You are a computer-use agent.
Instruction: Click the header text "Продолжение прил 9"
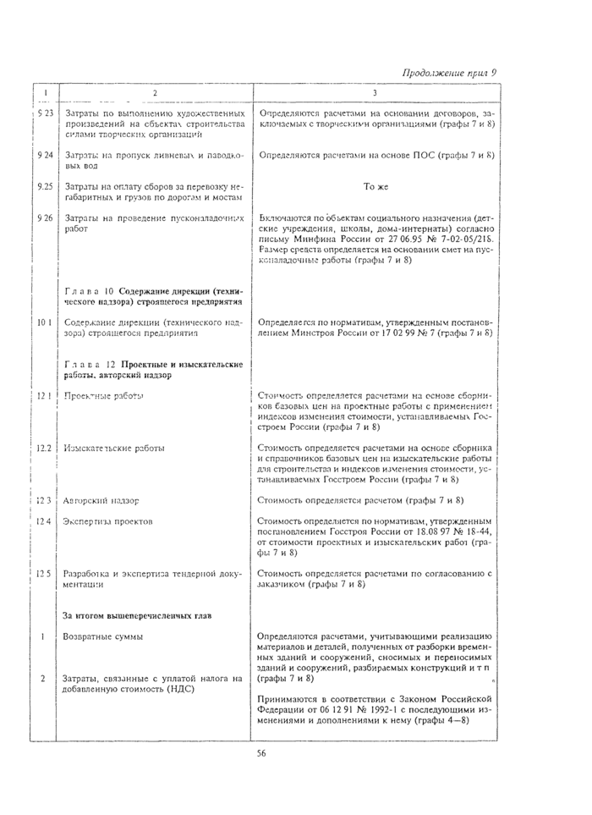pyautogui.click(x=448, y=72)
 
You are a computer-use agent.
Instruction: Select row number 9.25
pyautogui.click(x=45, y=185)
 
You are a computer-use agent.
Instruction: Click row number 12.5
pyautogui.click(x=45, y=573)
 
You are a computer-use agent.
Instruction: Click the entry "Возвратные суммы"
pyautogui.click(x=104, y=636)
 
